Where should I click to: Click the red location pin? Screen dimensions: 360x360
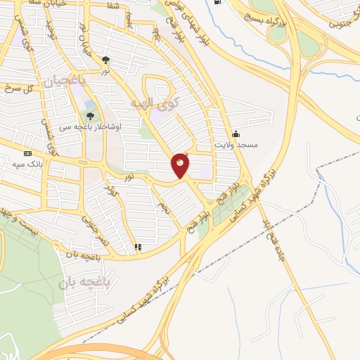point(181,165)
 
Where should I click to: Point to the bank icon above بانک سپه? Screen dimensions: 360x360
point(27,153)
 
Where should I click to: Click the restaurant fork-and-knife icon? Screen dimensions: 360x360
point(137,247)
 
